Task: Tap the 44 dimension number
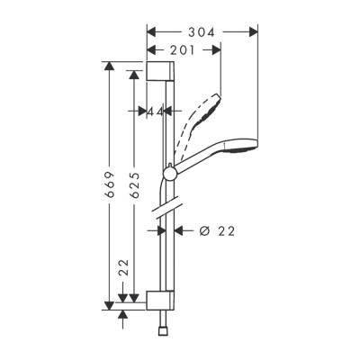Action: coord(156,111)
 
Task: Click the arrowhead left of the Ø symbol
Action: coord(177,230)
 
